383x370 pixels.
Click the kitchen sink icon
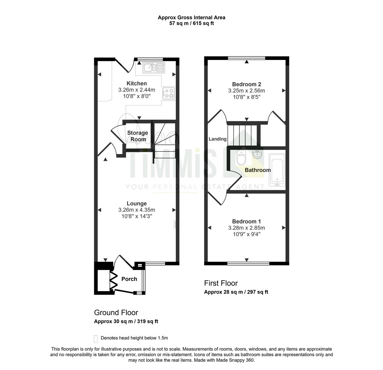pos(154,67)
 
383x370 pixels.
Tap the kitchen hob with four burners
pos(169,94)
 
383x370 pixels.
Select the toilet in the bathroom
pos(241,158)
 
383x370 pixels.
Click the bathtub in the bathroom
pos(277,170)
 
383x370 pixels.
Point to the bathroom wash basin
pos(257,155)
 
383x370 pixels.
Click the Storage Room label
pos(137,136)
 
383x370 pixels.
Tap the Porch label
pos(129,279)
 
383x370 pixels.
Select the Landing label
pos(218,139)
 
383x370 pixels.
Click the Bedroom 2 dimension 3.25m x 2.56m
pos(246,90)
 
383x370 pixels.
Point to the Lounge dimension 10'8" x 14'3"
pos(137,216)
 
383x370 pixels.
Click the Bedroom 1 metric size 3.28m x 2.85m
pos(246,228)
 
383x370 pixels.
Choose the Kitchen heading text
pos(137,83)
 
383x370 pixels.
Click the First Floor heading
pos(221,283)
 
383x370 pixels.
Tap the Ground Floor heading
pos(116,312)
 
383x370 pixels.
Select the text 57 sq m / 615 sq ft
pos(191,23)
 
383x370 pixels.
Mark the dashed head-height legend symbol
pos(96,339)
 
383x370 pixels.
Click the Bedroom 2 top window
pos(246,58)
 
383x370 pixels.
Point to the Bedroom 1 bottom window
pos(248,263)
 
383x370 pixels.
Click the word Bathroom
pos(258,170)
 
